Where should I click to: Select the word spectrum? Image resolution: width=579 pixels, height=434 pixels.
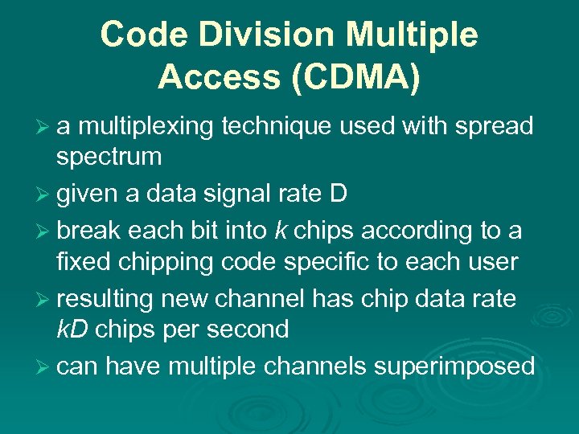click(x=109, y=156)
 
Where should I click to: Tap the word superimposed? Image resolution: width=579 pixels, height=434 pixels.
click(x=454, y=366)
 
